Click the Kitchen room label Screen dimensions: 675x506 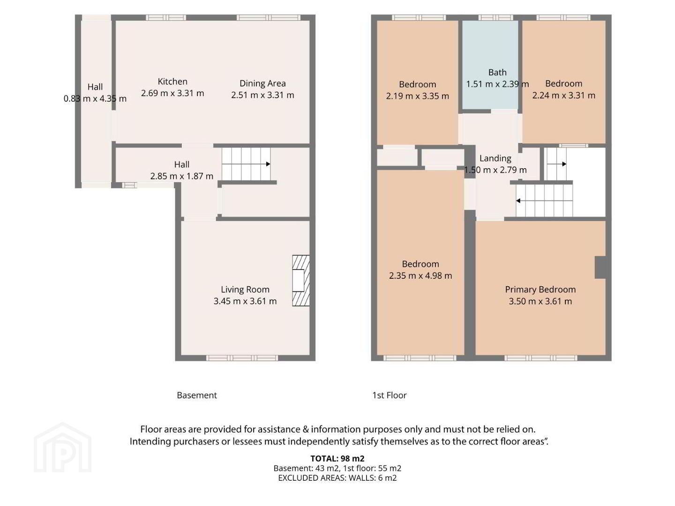click(172, 82)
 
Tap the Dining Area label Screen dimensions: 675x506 click(262, 83)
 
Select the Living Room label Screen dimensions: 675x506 click(245, 290)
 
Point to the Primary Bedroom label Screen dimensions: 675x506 click(540, 290)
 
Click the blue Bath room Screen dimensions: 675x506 click(490, 65)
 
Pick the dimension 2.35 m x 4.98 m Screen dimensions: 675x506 click(420, 275)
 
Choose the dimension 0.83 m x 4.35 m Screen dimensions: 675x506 click(95, 98)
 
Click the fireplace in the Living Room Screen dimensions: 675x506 click(300, 281)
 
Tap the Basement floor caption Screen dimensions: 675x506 click(196, 395)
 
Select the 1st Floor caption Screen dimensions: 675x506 click(389, 395)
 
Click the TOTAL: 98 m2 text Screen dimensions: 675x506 click(337, 458)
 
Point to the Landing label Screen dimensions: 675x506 click(495, 158)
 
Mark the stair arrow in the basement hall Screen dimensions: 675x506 click(246, 164)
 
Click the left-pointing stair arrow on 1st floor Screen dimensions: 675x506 click(544, 201)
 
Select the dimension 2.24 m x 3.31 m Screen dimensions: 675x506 click(563, 95)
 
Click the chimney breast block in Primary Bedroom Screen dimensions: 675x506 click(600, 267)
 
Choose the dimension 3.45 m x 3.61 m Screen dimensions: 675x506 click(245, 301)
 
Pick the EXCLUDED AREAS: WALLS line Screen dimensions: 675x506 click(337, 478)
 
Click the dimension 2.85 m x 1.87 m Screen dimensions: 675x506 click(181, 176)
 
